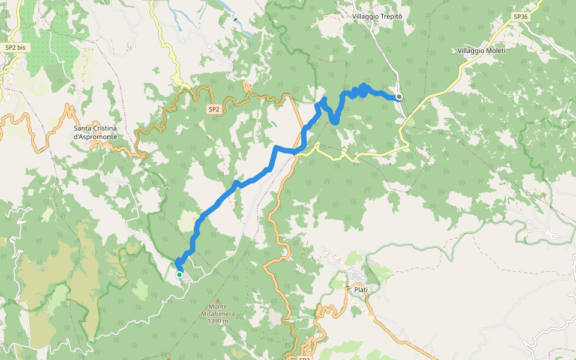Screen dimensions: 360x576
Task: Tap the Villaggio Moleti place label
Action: pyautogui.click(x=481, y=50)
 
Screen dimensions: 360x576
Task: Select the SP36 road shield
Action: pyautogui.click(x=520, y=17)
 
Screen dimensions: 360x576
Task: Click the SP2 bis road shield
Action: pyautogui.click(x=16, y=47)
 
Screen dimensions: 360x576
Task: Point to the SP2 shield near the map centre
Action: pyautogui.click(x=214, y=109)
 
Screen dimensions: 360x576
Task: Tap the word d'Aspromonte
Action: pyautogui.click(x=95, y=137)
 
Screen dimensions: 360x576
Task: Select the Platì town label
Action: pyautogui.click(x=361, y=290)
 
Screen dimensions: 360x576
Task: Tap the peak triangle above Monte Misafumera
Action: pyautogui.click(x=218, y=300)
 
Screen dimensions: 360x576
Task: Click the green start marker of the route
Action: pyautogui.click(x=179, y=275)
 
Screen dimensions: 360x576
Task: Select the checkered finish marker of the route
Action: pyautogui.click(x=399, y=97)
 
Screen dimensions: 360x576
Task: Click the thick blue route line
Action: pyautogui.click(x=252, y=177)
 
